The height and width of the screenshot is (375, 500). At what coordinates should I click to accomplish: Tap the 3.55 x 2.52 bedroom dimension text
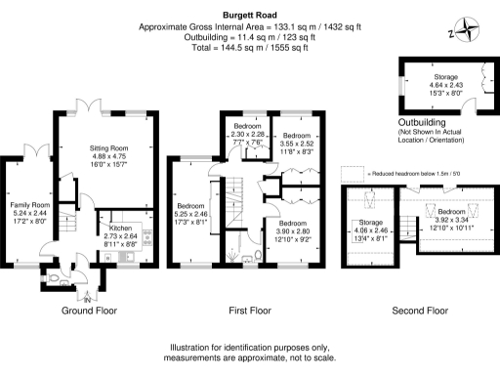pyautogui.click(x=297, y=143)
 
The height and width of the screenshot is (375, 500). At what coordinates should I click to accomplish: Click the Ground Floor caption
pyautogui.click(x=90, y=311)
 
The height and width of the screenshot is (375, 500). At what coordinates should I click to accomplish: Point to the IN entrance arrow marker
pyautogui.click(x=87, y=295)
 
